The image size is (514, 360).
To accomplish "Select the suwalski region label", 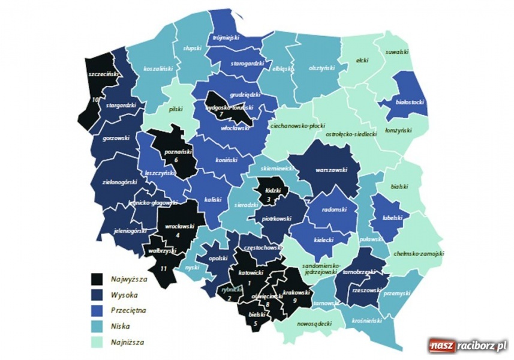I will coord(396,52).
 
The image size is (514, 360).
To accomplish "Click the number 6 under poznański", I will coord(176,160).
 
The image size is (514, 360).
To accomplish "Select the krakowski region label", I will coord(295,292).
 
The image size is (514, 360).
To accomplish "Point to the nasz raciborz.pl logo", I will coord(468,346).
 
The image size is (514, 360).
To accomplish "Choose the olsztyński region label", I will coord(321,68).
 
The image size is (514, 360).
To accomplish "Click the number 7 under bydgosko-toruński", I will coord(221,114).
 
